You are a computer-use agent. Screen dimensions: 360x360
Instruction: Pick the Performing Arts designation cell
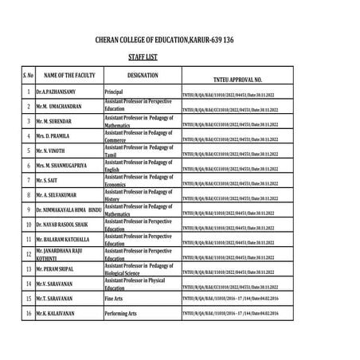(122, 314)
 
